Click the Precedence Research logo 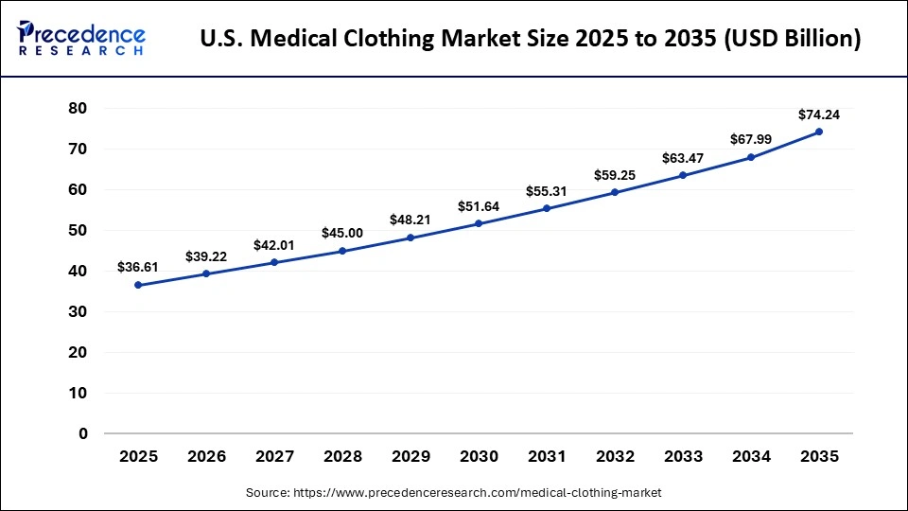81,39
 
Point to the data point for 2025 138,285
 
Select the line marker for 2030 479,223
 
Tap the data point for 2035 819,132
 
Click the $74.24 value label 819,115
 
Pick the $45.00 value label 342,233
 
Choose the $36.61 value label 138,268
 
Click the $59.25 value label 615,175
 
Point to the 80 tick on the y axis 78,109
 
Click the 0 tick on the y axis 82,434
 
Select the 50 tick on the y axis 78,231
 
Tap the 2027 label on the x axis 274,456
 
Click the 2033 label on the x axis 683,456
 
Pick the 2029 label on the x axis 410,456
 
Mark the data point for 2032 615,192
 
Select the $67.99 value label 751,140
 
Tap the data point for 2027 274,262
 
